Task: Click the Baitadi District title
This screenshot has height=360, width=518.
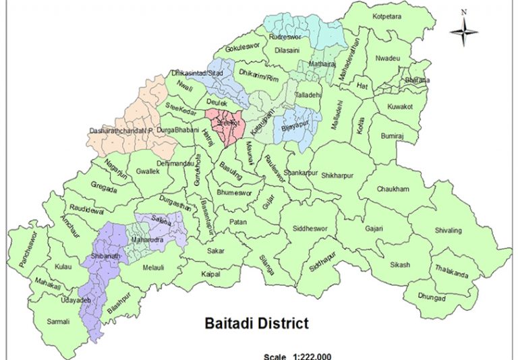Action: (256, 323)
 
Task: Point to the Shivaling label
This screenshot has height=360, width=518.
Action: (447, 231)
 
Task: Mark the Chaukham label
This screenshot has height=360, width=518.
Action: (393, 189)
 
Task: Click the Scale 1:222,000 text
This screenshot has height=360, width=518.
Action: (298, 356)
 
